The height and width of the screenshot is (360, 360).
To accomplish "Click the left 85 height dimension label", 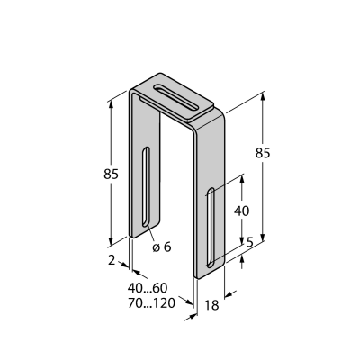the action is pyautogui.click(x=111, y=174).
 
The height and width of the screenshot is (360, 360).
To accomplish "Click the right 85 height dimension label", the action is pyautogui.click(x=263, y=153).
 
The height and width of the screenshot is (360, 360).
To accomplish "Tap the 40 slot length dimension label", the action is pyautogui.click(x=241, y=211).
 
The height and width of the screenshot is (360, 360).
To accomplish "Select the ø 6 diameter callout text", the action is pyautogui.click(x=162, y=247).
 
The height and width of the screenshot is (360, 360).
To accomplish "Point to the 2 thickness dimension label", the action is pyautogui.click(x=112, y=260).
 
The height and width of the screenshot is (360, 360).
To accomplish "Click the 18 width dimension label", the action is pyautogui.click(x=211, y=305).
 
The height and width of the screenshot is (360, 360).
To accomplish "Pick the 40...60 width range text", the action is pyautogui.click(x=148, y=288).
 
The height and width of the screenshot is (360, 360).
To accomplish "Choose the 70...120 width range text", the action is pyautogui.click(x=151, y=303).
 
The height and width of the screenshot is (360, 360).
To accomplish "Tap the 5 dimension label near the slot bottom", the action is pyautogui.click(x=250, y=242).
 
